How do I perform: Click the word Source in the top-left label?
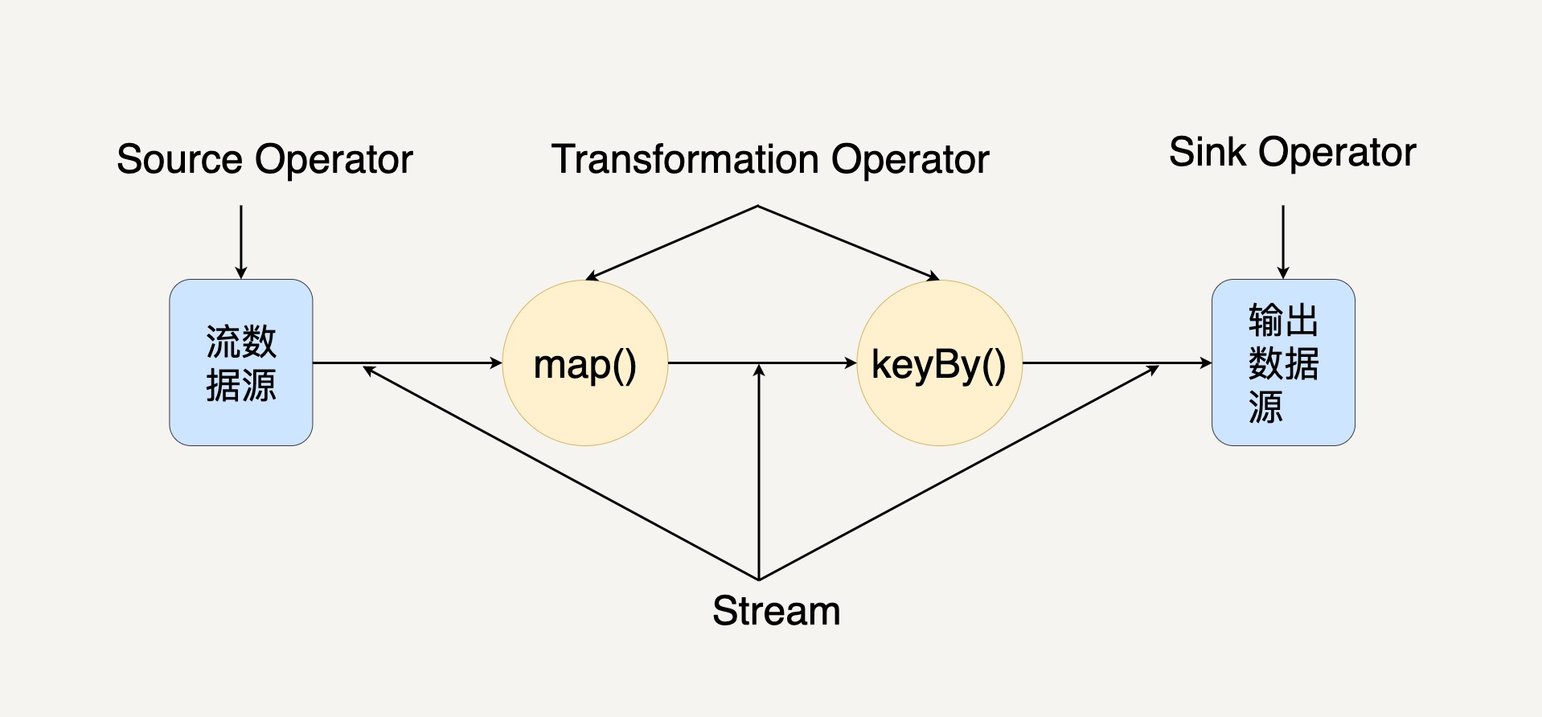click(179, 159)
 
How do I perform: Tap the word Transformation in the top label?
click(685, 159)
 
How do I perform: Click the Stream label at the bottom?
click(776, 611)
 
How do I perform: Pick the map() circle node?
click(585, 363)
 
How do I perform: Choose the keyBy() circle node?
click(939, 363)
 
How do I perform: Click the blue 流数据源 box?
click(241, 363)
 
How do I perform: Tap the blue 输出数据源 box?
click(1283, 363)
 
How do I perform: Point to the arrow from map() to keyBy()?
click(763, 363)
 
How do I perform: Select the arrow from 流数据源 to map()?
click(408, 363)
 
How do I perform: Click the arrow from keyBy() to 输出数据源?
click(1118, 363)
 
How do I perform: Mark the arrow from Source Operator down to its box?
click(241, 242)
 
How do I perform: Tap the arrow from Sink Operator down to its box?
click(1283, 242)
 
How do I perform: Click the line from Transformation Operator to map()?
click(671, 243)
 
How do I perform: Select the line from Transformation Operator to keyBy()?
click(849, 243)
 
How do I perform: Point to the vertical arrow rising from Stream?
click(759, 472)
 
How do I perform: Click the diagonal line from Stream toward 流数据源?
click(560, 473)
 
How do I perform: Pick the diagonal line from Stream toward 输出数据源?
click(959, 473)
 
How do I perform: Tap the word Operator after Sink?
click(1338, 152)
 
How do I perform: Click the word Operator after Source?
click(334, 159)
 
